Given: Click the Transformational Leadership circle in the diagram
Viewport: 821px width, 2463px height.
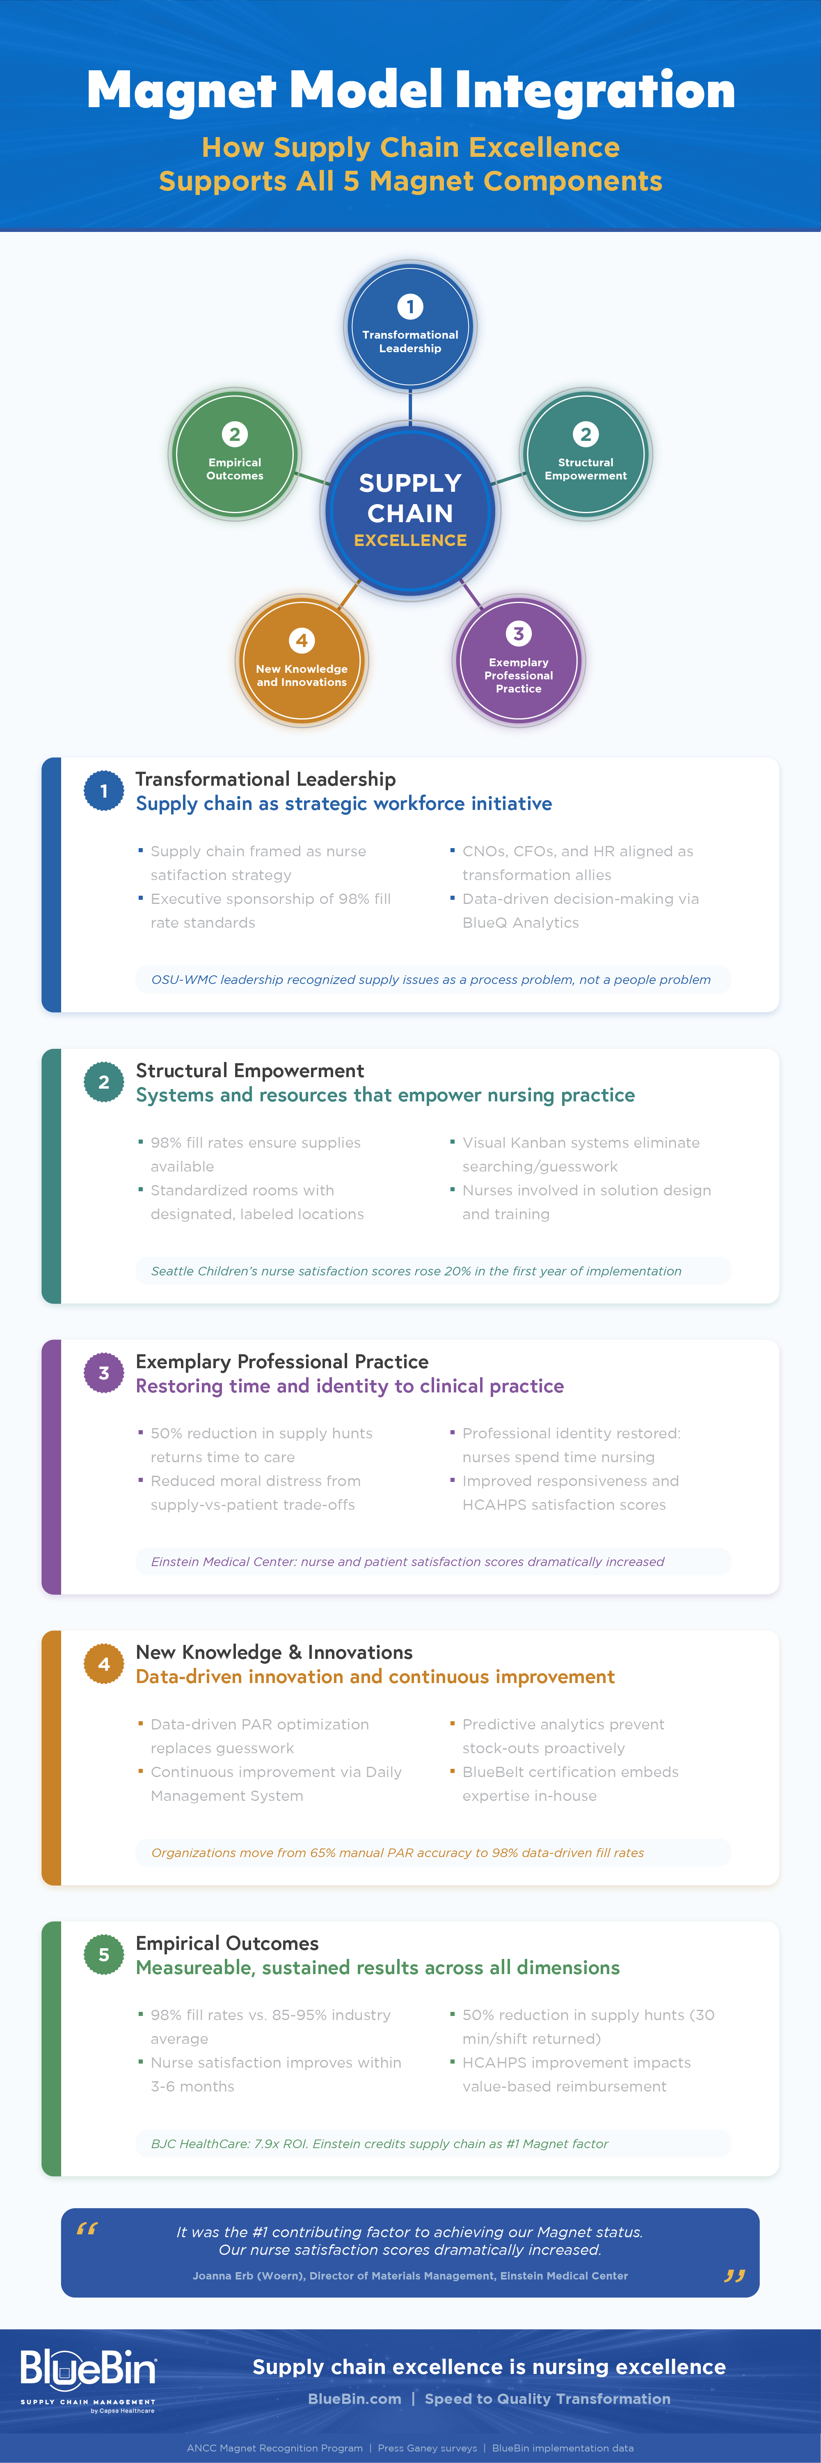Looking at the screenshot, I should (410, 326).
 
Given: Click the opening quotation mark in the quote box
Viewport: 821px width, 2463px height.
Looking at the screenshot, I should (87, 2229).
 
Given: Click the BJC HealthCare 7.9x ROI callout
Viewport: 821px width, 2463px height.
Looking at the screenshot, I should (380, 2144).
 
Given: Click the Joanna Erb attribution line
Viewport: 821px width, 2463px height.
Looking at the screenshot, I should (410, 2275).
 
